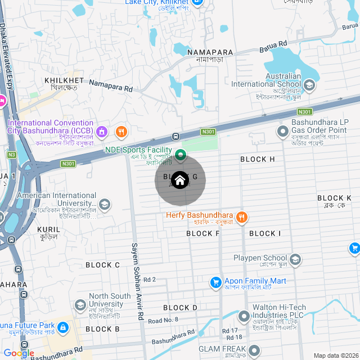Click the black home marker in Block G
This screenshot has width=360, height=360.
click(180, 181)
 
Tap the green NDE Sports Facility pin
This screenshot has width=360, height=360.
click(181, 154)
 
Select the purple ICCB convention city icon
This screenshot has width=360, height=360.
click(102, 132)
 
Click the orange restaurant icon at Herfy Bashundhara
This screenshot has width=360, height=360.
click(241, 217)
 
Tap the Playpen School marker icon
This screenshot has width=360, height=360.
click(295, 259)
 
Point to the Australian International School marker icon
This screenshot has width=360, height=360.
click(309, 85)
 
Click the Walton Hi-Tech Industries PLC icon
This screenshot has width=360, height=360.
click(244, 316)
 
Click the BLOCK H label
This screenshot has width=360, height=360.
click(257, 159)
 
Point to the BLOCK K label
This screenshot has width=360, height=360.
click(334, 198)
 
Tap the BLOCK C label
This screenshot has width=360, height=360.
click(102, 265)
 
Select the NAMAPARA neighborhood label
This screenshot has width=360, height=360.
click(205, 52)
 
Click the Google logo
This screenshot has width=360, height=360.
click(18, 353)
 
